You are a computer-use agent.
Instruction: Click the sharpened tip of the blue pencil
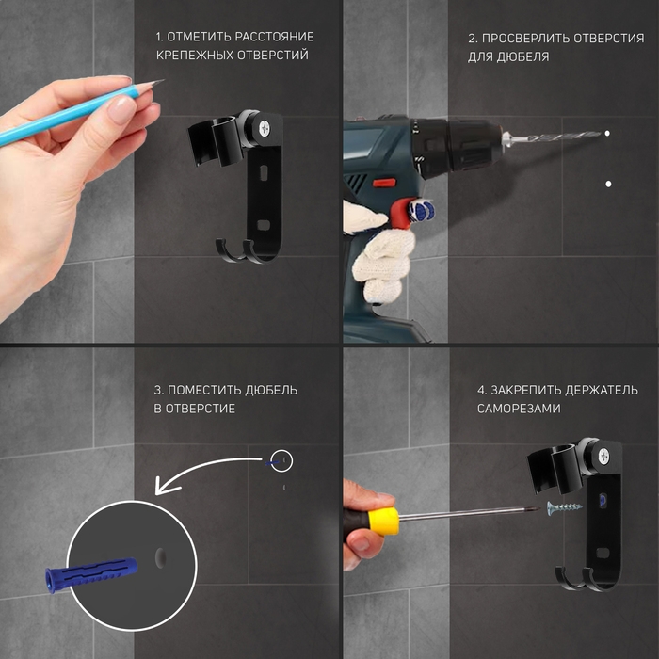[x=163, y=80]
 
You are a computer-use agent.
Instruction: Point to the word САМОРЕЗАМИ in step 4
[x=519, y=409]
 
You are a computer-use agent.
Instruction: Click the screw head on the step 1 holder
[x=265, y=127]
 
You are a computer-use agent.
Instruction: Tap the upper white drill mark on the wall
[x=607, y=134]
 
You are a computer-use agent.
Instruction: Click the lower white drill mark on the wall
[x=608, y=184]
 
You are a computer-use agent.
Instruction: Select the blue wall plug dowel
[x=91, y=573]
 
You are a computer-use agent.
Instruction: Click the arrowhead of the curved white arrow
[x=166, y=486]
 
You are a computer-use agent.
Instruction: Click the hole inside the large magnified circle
[x=161, y=557]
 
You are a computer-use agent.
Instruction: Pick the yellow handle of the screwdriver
[x=382, y=522]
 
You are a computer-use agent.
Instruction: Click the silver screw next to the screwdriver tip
[x=565, y=507]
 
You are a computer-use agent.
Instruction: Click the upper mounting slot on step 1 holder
[x=264, y=172]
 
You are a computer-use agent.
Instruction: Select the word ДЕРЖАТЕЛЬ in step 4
[x=601, y=390]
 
